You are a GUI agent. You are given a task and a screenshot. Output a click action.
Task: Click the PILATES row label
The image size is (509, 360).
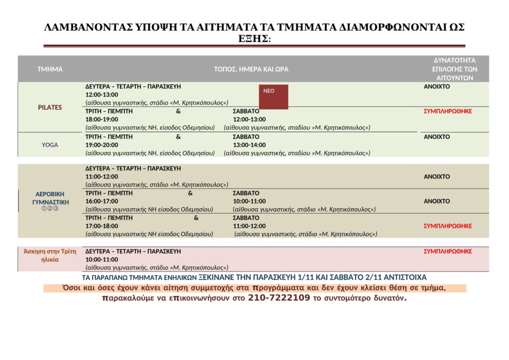pos(50,107)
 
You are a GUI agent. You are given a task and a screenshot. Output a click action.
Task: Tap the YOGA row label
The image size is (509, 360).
pos(50,145)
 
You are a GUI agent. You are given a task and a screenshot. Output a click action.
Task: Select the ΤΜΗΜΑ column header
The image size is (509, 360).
pos(50,69)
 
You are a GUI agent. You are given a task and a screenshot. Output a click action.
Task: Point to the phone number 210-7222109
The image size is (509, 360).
pos(282,299)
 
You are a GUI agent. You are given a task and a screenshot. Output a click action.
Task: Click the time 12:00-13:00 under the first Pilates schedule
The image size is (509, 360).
pos(102,94)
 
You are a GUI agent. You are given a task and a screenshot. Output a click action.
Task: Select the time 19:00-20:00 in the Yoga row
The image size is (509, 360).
pos(102,145)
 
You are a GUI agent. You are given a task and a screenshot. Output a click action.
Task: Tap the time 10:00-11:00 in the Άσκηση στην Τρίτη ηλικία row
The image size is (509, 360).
pos(102,260)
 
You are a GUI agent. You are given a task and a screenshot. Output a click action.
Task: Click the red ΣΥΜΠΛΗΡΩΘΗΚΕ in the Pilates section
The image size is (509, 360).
pos(447,111)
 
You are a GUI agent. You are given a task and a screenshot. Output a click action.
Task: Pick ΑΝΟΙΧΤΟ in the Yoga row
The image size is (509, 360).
pos(436,137)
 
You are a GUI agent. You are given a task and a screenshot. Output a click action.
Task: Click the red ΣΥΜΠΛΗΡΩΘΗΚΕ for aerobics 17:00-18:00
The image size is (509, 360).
pos(447,226)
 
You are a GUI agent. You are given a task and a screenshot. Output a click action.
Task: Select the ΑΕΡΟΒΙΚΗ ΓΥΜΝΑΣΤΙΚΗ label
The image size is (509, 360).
pos(50,198)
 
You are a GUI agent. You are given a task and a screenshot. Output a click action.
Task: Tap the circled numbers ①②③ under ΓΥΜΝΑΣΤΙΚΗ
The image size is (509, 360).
pos(50,209)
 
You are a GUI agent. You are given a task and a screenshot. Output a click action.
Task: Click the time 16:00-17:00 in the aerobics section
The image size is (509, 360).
pos(102,201)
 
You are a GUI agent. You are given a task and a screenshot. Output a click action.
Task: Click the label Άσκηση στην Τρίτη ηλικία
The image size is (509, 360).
pos(50,255)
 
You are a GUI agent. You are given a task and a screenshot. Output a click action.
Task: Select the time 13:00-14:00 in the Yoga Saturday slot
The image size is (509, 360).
pos(249,145)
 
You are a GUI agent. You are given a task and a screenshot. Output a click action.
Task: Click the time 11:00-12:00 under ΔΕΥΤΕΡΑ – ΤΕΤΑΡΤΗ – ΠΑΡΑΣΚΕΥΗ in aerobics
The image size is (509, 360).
pos(102,177)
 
